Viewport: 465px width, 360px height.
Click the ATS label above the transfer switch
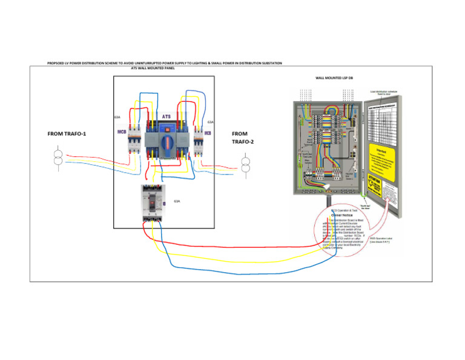click(166, 115)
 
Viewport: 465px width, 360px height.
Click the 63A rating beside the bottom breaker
click(177, 201)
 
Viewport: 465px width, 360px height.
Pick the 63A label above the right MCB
click(210, 122)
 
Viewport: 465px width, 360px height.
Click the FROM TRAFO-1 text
click(67, 134)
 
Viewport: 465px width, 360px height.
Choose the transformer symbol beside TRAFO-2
click(246, 165)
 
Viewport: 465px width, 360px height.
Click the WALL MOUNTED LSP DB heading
click(334, 78)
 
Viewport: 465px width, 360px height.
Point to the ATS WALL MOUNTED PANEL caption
click(153, 68)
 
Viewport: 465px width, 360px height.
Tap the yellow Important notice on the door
click(385, 157)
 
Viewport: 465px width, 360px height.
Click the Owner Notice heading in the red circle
click(343, 215)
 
